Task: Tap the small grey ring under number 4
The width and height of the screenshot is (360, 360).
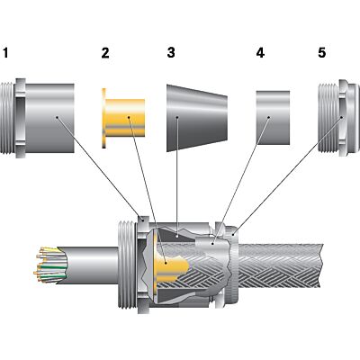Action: (272, 117)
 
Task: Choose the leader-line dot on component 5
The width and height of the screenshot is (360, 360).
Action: (342, 118)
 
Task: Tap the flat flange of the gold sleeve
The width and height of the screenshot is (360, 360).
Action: (106, 118)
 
